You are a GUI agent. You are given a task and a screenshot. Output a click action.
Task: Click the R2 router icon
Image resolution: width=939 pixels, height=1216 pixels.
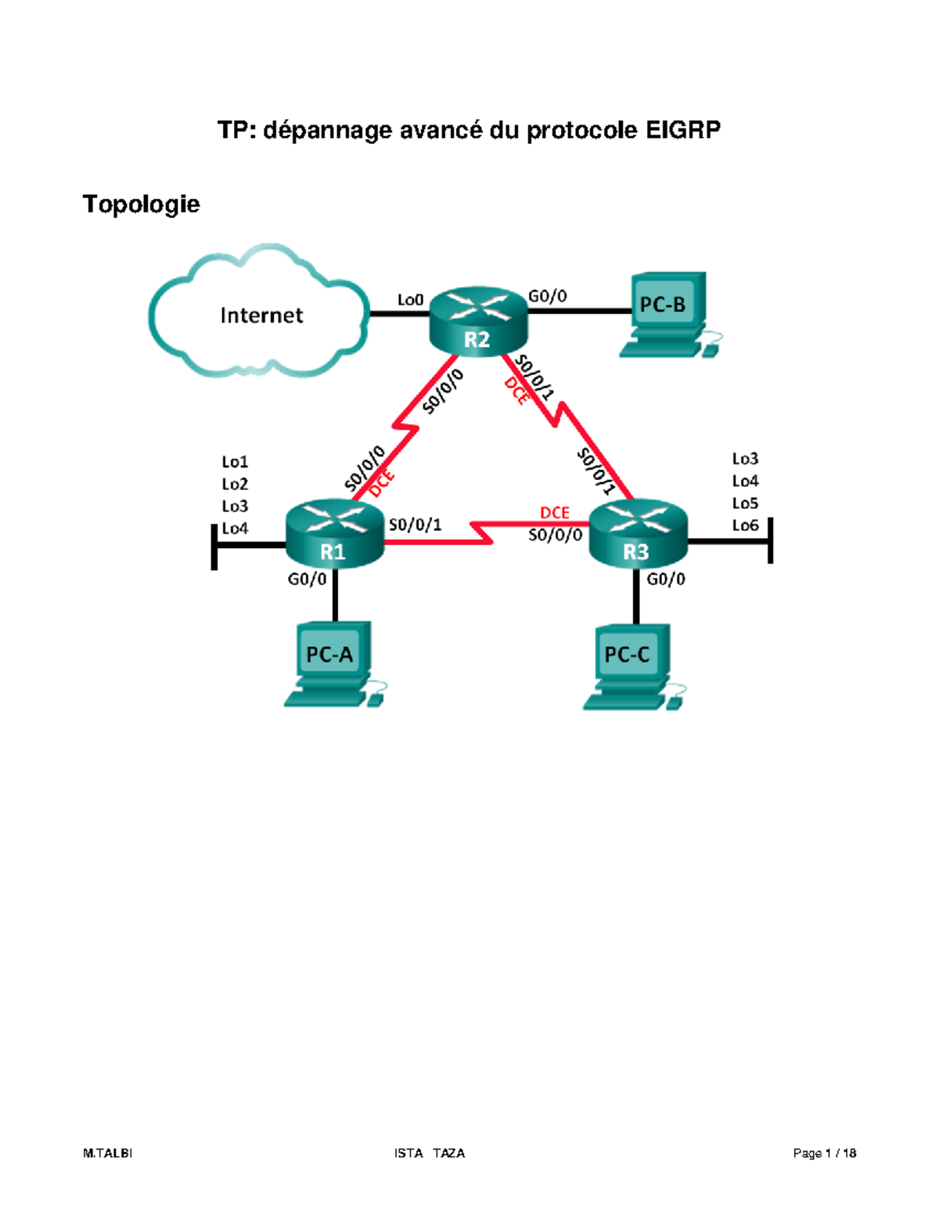pyautogui.click(x=477, y=321)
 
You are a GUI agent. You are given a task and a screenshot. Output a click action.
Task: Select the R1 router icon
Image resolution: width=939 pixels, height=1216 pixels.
pyautogui.click(x=335, y=534)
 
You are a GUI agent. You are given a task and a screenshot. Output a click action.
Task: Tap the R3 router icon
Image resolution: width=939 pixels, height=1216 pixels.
pyautogui.click(x=637, y=534)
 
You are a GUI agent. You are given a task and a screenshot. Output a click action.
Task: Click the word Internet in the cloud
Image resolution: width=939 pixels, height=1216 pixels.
pyautogui.click(x=261, y=316)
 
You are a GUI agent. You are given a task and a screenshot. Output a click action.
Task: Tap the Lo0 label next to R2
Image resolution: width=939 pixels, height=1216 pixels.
pyautogui.click(x=410, y=300)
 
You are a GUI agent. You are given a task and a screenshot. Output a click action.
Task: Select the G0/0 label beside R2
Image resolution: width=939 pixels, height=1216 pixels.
pyautogui.click(x=547, y=296)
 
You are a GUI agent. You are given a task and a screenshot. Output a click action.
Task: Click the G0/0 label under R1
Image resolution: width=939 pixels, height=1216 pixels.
pyautogui.click(x=307, y=579)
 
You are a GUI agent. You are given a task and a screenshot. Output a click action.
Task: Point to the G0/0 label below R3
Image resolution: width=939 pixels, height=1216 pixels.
pyautogui.click(x=665, y=579)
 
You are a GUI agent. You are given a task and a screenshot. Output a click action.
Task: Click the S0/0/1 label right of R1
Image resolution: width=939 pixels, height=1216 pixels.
pyautogui.click(x=415, y=525)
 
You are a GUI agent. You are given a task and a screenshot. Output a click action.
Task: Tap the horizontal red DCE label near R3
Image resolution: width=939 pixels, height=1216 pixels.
pyautogui.click(x=555, y=513)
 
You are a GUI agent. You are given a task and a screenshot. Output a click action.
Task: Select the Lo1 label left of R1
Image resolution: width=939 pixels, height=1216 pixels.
pyautogui.click(x=235, y=462)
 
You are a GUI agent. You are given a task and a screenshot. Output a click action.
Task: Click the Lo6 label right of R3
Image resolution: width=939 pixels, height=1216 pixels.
pyautogui.click(x=745, y=525)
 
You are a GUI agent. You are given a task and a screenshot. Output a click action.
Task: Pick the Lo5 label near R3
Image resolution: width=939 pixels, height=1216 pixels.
pyautogui.click(x=745, y=503)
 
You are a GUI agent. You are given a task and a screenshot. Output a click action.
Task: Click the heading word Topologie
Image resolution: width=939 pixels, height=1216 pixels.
pyautogui.click(x=142, y=204)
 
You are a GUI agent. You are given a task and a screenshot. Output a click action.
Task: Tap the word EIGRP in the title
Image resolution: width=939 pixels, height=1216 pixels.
pyautogui.click(x=682, y=130)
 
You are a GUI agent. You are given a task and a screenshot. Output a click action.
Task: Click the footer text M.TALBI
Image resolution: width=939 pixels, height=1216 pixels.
pyautogui.click(x=107, y=1153)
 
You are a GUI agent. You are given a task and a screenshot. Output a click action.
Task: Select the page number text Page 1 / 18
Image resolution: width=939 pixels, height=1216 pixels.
pyautogui.click(x=824, y=1153)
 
